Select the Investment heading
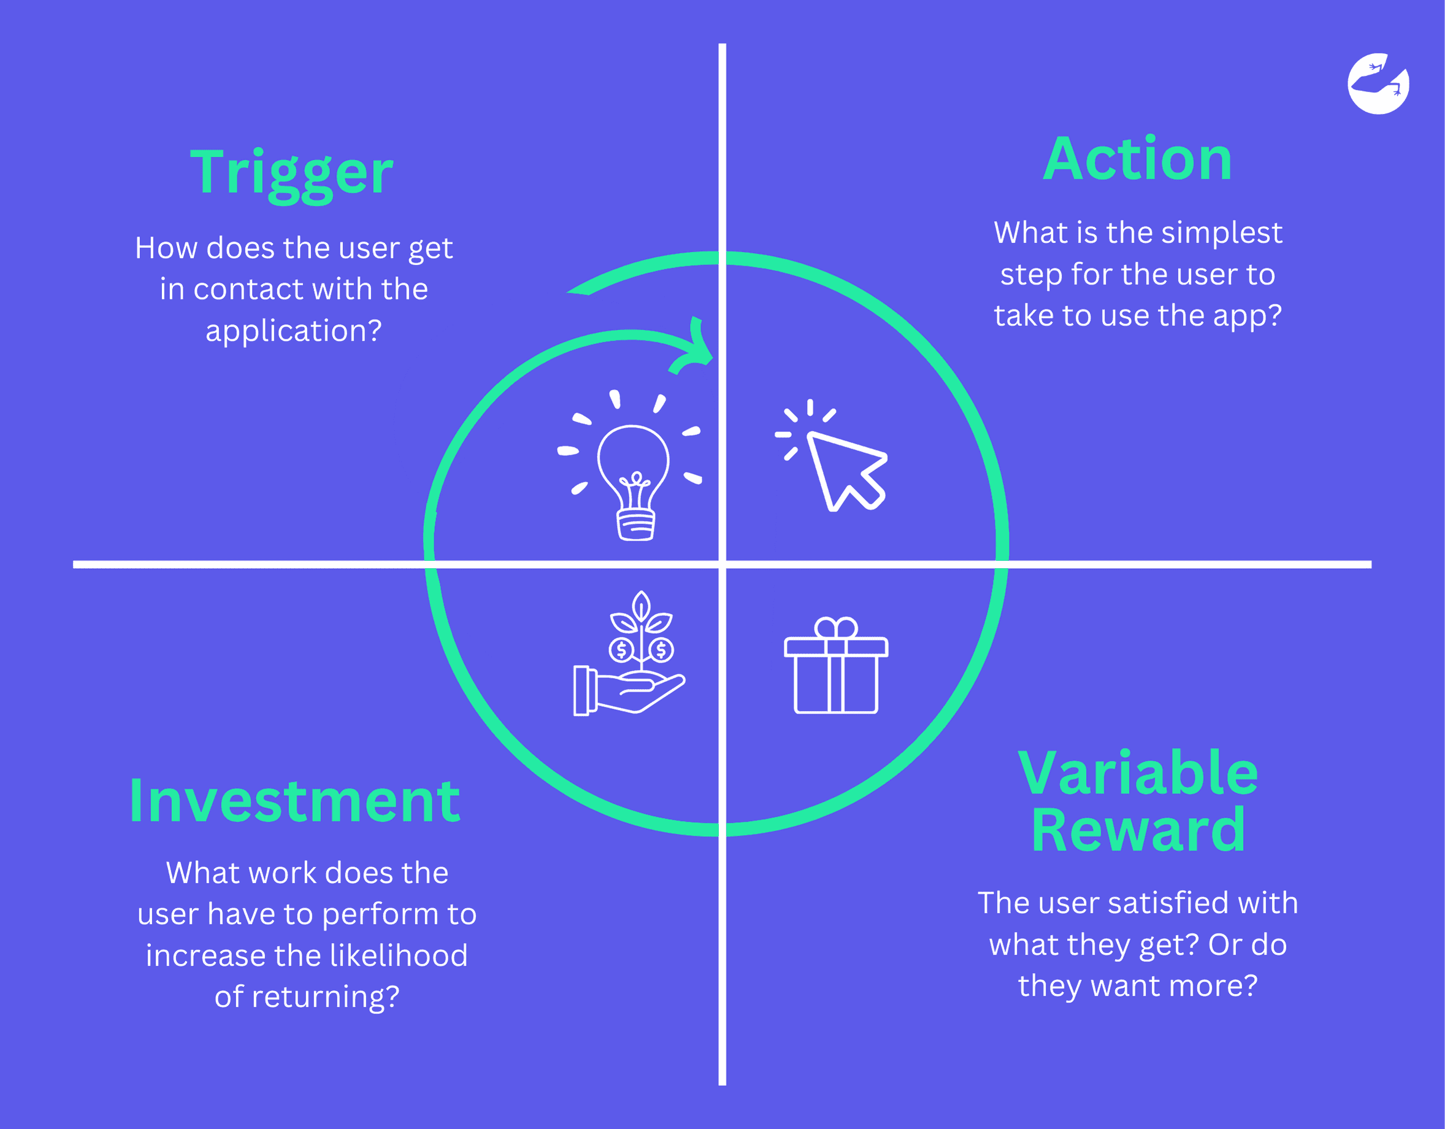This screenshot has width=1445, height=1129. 294,801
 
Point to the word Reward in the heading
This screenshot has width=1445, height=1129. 1137,831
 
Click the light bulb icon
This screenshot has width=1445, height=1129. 633,477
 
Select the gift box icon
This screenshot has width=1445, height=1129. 835,668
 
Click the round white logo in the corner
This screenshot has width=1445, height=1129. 1379,84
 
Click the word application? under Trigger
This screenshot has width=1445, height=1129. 293,330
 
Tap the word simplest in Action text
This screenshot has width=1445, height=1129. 1221,233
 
